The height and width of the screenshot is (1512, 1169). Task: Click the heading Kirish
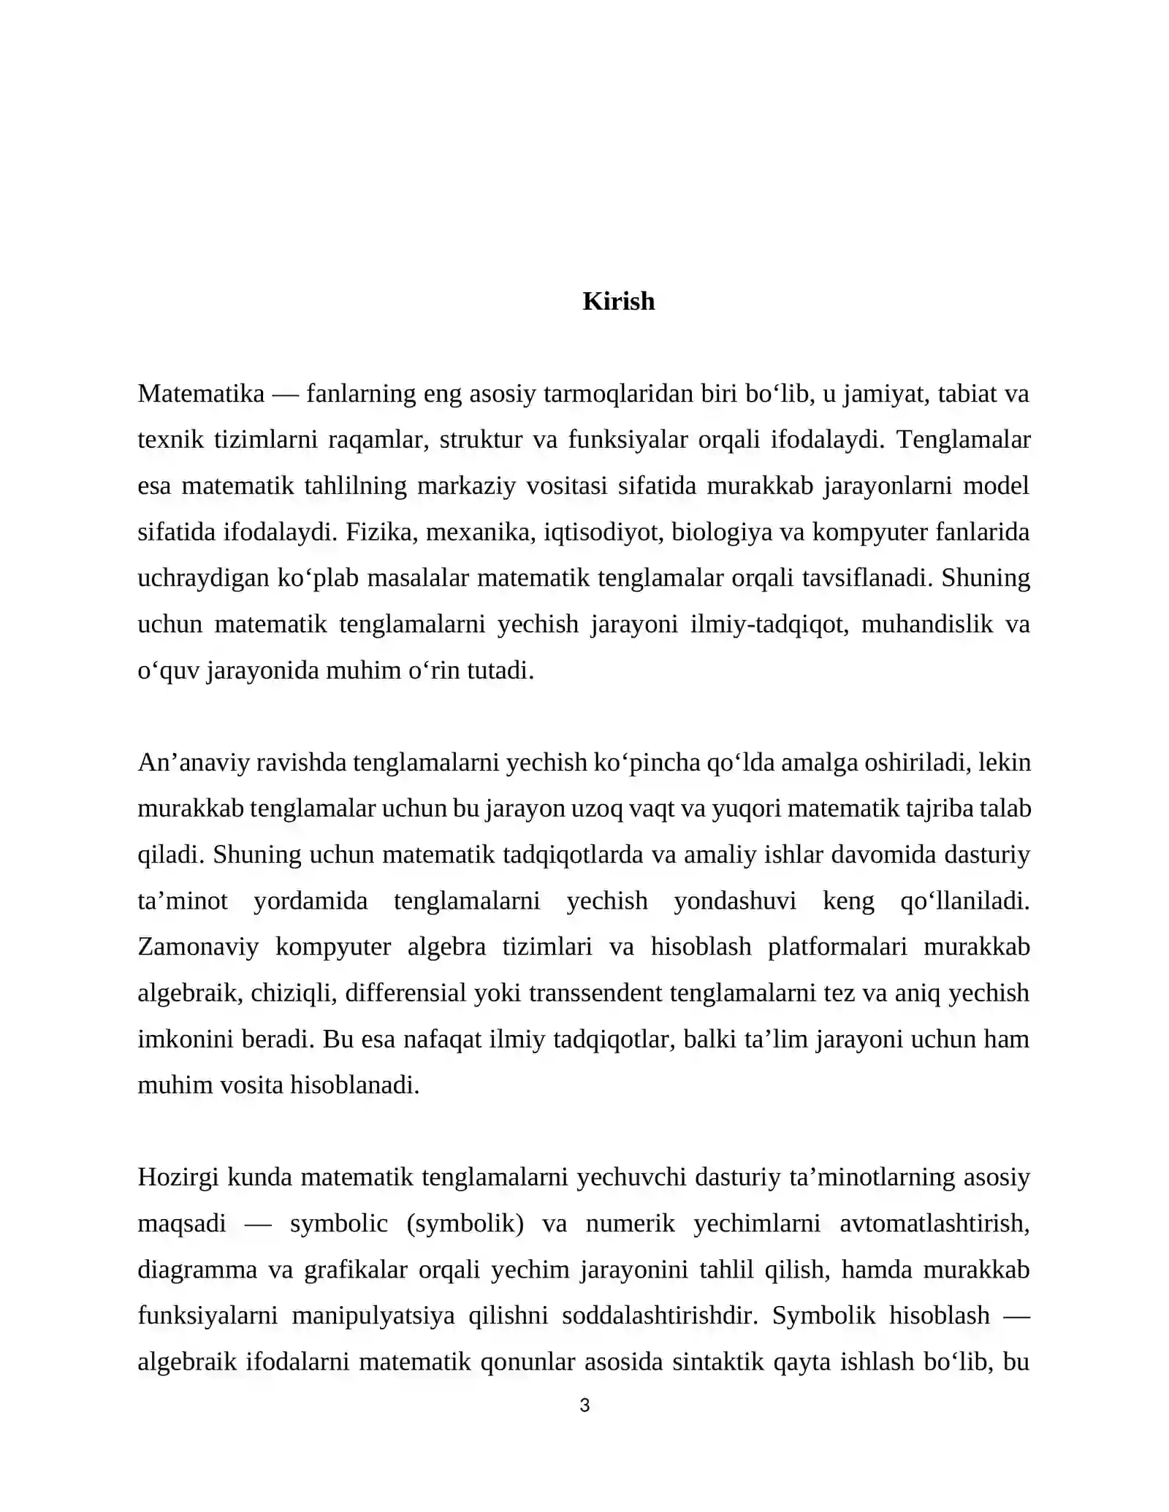618,302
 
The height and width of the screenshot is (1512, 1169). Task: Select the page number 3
584,1405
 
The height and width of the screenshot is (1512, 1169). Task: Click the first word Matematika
201,394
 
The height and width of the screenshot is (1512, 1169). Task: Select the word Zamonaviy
198,947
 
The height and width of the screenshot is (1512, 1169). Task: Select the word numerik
630,1223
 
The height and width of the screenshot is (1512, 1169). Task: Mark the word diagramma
197,1269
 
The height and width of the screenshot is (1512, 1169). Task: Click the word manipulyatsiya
373,1316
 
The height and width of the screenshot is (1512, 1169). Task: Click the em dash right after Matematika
285,394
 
